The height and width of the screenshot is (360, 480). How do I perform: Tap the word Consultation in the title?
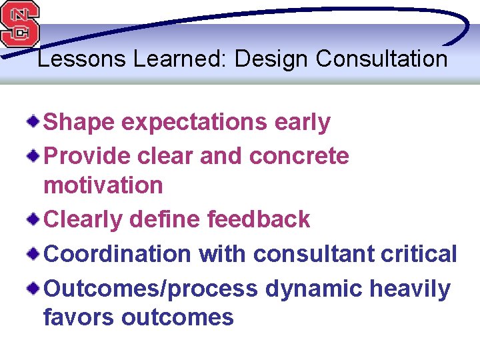tap(381, 59)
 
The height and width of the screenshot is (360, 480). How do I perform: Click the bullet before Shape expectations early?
tap(33, 121)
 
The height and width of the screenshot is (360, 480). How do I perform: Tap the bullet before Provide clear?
tap(33, 155)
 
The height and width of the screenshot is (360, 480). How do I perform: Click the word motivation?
tap(103, 185)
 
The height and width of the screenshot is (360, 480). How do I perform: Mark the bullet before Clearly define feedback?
tap(33, 218)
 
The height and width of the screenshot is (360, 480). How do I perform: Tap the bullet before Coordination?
tap(33, 253)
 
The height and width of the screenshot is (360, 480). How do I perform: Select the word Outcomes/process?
tap(150, 289)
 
